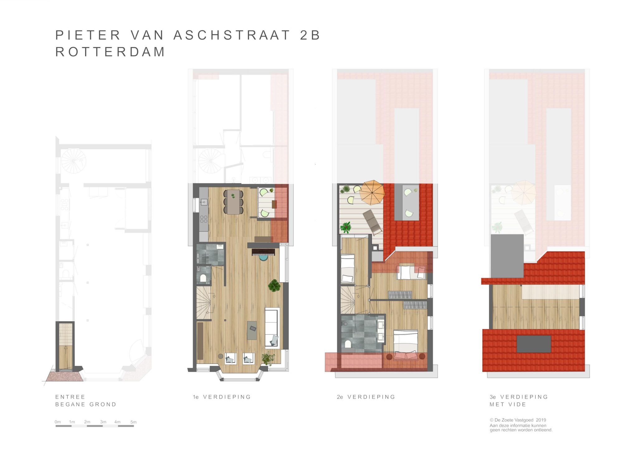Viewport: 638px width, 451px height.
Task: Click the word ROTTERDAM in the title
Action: click(x=110, y=52)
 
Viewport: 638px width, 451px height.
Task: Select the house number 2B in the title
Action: click(x=310, y=35)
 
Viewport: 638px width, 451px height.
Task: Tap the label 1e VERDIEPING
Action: click(x=222, y=397)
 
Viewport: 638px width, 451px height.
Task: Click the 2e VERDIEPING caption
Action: click(x=366, y=397)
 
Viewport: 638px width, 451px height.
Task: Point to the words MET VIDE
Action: click(x=508, y=404)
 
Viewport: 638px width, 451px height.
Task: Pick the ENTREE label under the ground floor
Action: click(x=70, y=397)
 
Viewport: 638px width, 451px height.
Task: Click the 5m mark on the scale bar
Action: click(x=133, y=422)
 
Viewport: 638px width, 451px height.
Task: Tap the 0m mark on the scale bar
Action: click(x=58, y=422)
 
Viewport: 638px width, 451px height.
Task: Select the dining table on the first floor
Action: click(x=233, y=202)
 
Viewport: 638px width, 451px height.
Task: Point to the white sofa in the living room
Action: click(x=272, y=328)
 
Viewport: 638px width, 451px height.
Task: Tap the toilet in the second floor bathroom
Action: click(x=348, y=344)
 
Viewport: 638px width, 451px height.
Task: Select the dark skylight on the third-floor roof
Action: click(x=534, y=344)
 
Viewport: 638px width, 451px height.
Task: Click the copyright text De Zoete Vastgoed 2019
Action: click(x=518, y=420)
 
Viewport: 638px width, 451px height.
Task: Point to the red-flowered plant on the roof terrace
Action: click(x=346, y=227)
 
